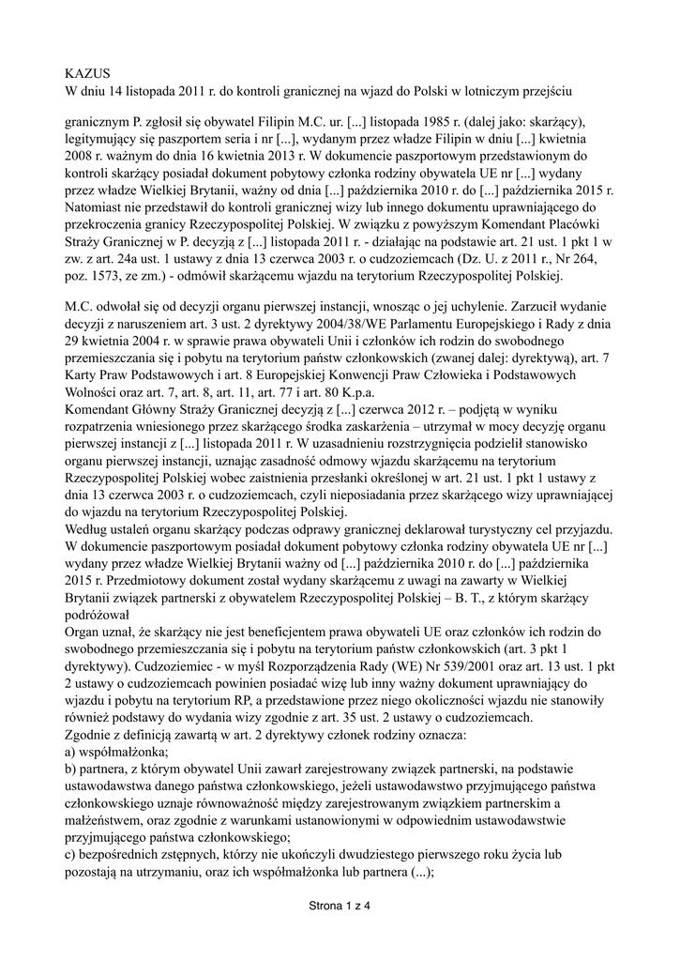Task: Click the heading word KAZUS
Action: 87,72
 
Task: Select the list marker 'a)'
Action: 74,753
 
